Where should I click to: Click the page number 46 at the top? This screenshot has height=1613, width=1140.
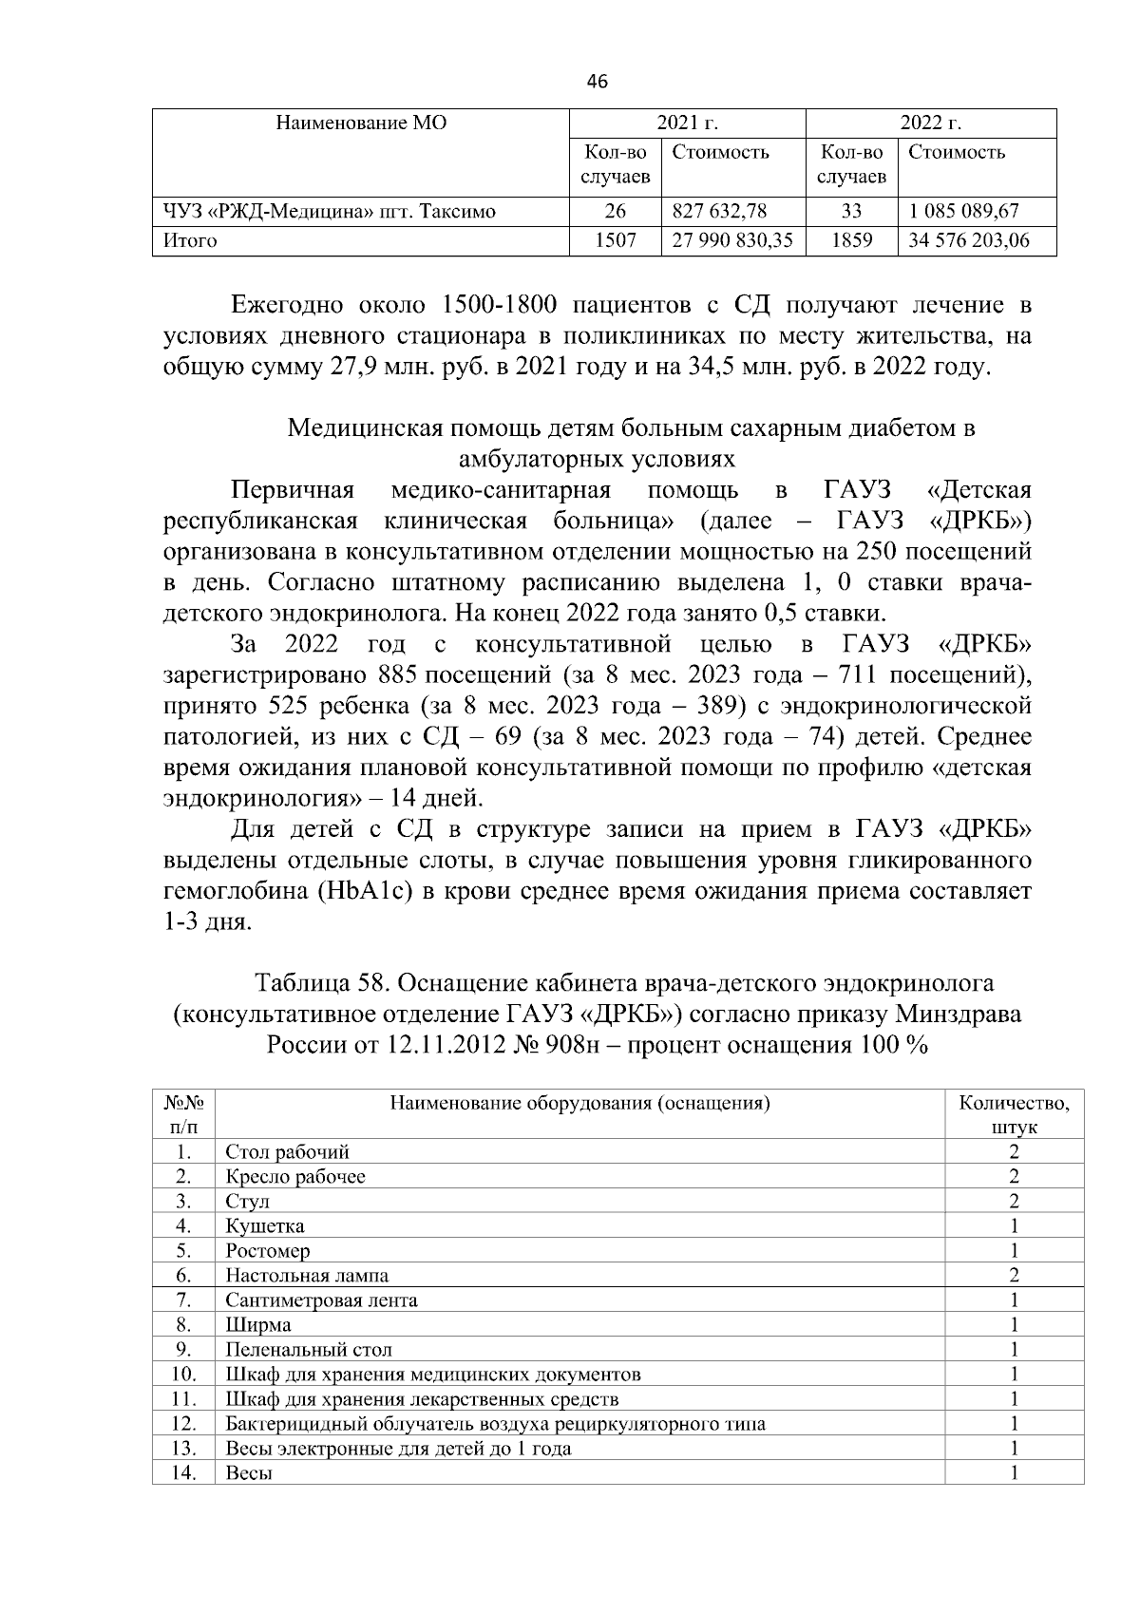597,82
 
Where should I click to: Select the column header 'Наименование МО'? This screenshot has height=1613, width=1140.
361,123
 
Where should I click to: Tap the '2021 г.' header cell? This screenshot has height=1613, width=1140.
687,123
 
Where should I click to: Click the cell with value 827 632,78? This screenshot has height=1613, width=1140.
719,211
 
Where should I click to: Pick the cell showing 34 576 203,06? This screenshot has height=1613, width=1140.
968,240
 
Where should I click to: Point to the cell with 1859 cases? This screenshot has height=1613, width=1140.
851,240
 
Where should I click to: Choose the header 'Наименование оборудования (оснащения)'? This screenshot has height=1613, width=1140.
579,1103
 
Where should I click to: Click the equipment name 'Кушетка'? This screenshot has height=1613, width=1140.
265,1225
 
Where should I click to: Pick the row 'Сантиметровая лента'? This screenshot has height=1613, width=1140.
321,1300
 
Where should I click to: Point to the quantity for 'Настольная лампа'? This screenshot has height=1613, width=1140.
1014,1275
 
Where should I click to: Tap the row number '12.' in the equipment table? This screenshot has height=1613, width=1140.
184,1423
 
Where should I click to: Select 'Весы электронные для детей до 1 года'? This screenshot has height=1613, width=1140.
398,1448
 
